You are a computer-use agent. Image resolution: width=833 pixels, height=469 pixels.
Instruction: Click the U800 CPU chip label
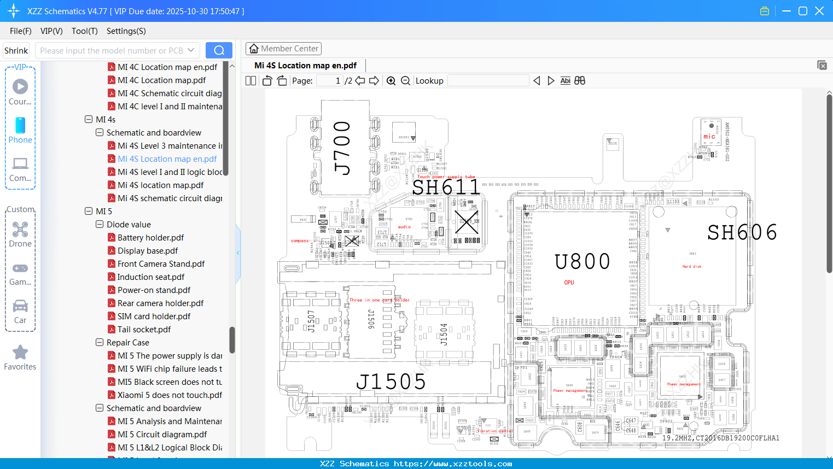click(582, 262)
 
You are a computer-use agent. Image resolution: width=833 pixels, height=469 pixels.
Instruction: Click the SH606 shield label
click(742, 233)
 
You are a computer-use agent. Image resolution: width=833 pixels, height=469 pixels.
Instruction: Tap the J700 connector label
click(342, 148)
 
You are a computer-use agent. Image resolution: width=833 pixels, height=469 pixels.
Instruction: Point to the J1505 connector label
click(391, 382)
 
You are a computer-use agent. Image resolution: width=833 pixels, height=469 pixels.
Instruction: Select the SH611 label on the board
click(446, 188)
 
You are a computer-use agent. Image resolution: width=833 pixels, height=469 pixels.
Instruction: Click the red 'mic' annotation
click(709, 137)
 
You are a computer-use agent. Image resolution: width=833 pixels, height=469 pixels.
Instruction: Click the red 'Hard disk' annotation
click(691, 267)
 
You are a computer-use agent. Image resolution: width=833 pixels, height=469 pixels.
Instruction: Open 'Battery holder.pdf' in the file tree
click(150, 238)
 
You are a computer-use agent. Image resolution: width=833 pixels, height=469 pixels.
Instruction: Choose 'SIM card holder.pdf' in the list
click(154, 316)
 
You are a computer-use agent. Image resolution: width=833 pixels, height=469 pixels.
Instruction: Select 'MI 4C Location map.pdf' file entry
click(161, 80)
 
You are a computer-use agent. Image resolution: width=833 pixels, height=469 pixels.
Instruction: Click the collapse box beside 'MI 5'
click(89, 212)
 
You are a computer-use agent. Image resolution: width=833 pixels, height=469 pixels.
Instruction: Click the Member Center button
click(283, 49)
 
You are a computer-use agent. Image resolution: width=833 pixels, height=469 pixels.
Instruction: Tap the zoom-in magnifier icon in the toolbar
click(391, 81)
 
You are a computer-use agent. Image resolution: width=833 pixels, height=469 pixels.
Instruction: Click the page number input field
click(330, 81)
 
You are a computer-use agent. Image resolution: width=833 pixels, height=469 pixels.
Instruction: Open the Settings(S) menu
click(126, 31)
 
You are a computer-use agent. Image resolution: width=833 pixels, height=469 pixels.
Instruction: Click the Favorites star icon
click(20, 353)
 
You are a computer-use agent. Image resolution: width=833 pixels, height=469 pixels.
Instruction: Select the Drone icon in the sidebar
click(20, 230)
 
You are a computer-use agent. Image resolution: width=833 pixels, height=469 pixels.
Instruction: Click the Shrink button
click(16, 51)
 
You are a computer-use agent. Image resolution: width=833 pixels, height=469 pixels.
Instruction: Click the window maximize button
click(803, 11)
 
